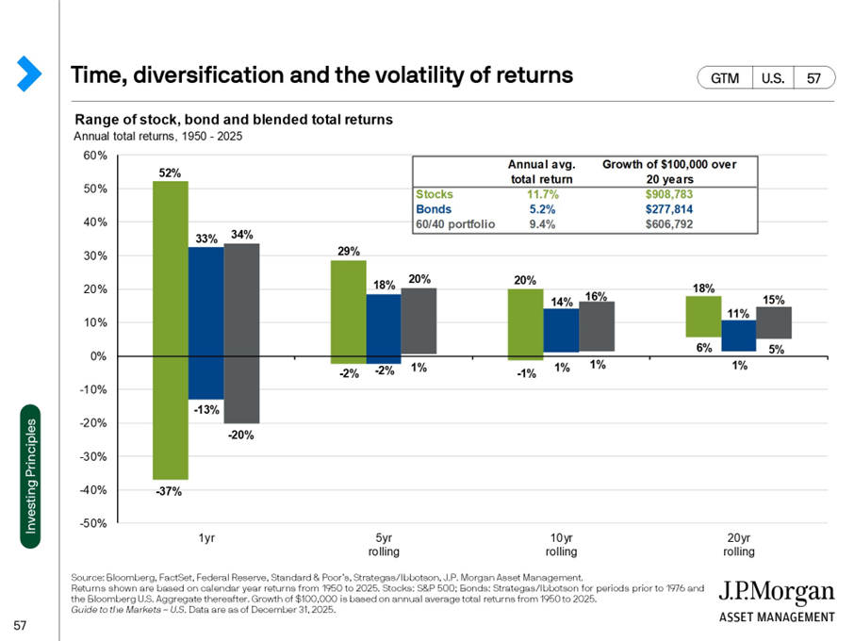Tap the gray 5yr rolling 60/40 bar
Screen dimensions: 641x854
[x=419, y=320]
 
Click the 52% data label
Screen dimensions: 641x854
[x=170, y=173]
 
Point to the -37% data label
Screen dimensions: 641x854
[x=170, y=491]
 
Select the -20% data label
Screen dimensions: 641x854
[x=241, y=436]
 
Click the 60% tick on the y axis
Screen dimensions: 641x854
[x=94, y=156]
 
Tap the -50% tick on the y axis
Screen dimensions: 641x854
[x=92, y=524]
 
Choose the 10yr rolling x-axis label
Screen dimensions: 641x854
[x=563, y=544]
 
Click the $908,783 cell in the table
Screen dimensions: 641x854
[x=669, y=194]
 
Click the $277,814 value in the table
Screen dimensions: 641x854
[x=669, y=209]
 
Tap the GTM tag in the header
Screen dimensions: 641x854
[x=724, y=77]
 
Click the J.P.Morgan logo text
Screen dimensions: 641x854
[x=777, y=593]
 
